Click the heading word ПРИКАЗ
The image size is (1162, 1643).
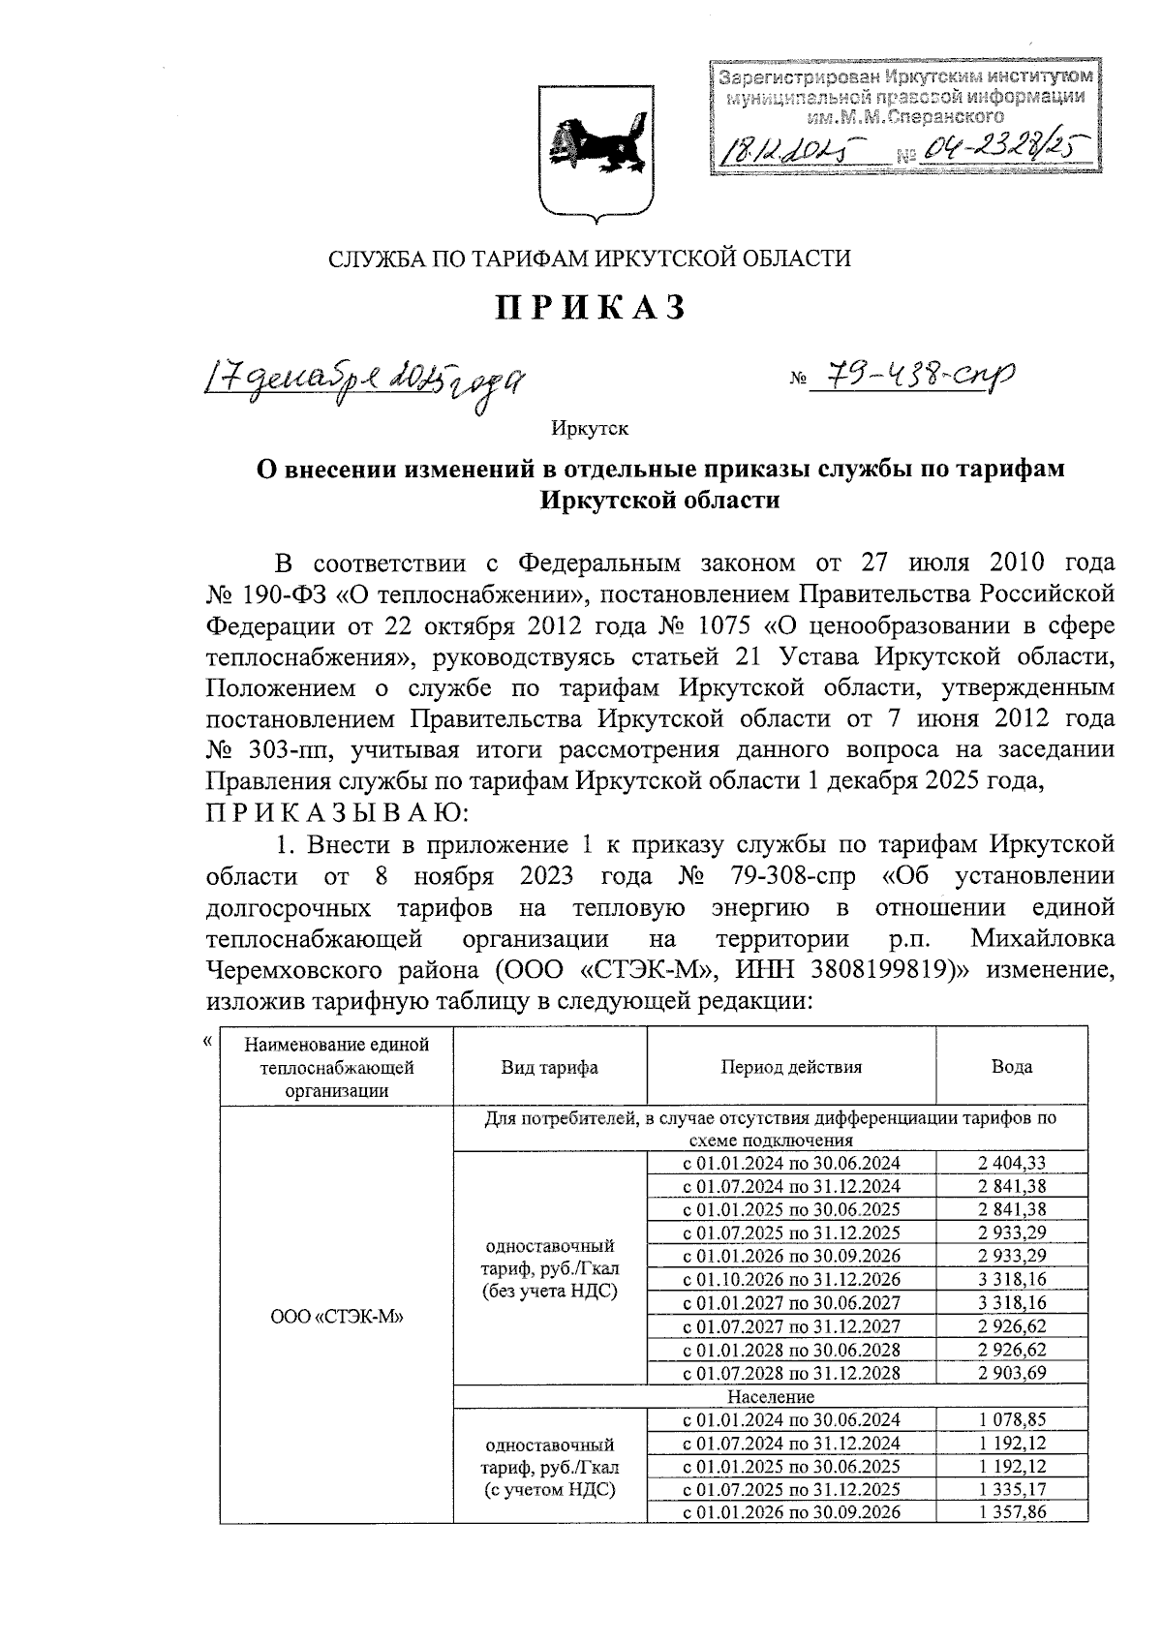click(591, 308)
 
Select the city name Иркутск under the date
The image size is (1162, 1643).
click(590, 427)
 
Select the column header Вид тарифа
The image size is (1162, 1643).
click(549, 1067)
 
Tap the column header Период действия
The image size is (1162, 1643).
click(790, 1067)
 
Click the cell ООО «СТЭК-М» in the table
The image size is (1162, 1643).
click(336, 1317)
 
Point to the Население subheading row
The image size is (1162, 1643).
click(771, 1397)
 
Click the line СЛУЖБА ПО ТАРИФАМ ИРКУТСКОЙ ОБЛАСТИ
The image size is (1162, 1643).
click(590, 259)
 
